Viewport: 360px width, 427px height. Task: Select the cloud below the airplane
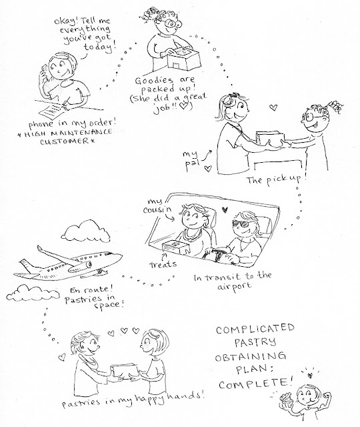(x=32, y=292)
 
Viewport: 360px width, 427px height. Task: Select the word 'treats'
(x=163, y=264)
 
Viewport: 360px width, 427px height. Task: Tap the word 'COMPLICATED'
(x=255, y=329)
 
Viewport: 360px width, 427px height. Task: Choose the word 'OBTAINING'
(x=251, y=357)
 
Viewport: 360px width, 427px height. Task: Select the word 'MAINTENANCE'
(x=78, y=133)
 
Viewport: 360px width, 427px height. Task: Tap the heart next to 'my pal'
(x=208, y=169)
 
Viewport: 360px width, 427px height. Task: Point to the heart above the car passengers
(x=225, y=209)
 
